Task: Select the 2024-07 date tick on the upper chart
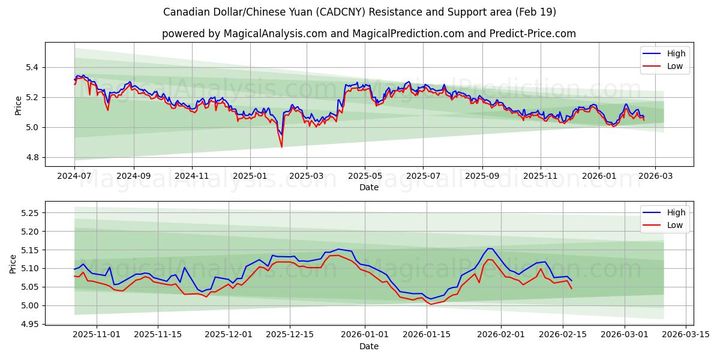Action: tap(74, 176)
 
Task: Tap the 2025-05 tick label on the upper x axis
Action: tap(365, 176)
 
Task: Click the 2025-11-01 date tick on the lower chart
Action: tap(97, 335)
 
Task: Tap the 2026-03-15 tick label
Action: tap(686, 335)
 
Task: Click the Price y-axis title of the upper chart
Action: tap(18, 105)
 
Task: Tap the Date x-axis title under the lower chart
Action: tap(369, 346)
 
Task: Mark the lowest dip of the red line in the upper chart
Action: tap(281, 147)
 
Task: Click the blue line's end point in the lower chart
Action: tap(572, 281)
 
